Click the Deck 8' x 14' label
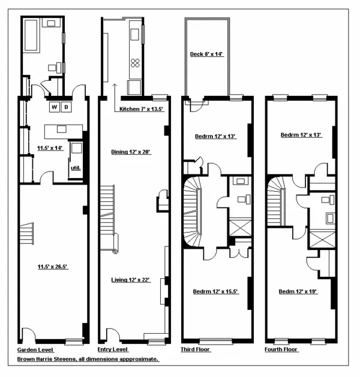coord(206,55)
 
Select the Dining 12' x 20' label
coord(130,152)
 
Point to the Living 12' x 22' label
coord(130,280)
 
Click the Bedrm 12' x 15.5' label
coord(215,292)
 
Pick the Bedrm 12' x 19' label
coord(298,292)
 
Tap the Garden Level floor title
coord(35,349)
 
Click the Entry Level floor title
coord(113,349)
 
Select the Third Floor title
coord(196,349)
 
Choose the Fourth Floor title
coord(282,349)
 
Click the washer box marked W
coord(55,107)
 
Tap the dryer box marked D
coord(67,107)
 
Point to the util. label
coord(76,168)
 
